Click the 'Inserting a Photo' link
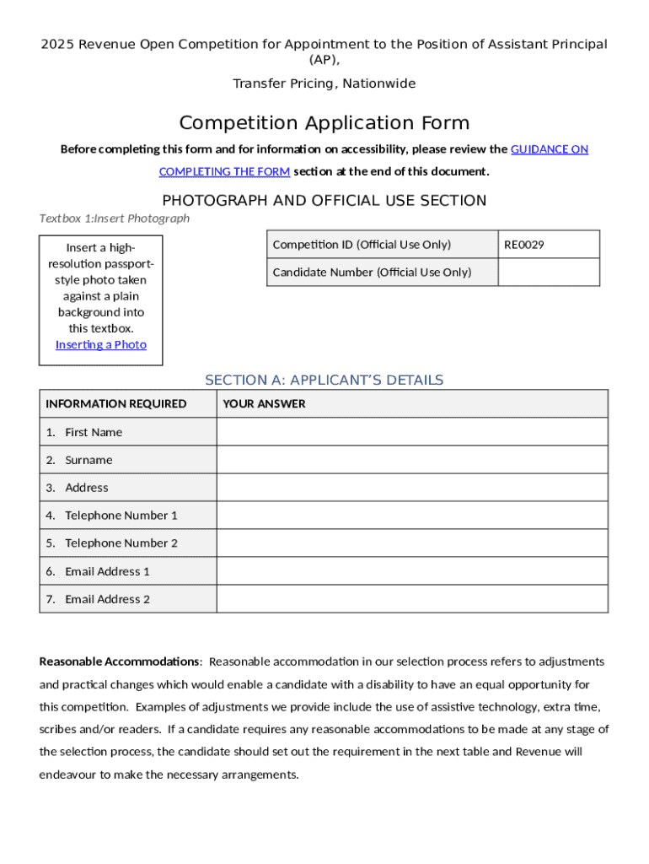click(x=101, y=344)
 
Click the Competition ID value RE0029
click(x=524, y=245)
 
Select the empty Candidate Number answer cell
click(x=549, y=272)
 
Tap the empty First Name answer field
click(x=411, y=432)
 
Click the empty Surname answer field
click(x=411, y=460)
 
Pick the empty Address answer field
click(x=411, y=488)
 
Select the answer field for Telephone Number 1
click(x=411, y=515)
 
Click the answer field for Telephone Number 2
click(x=411, y=543)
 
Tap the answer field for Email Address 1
click(x=411, y=571)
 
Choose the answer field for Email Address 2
click(x=411, y=599)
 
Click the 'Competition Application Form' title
click(x=324, y=123)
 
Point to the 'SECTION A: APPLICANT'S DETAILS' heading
click(x=324, y=380)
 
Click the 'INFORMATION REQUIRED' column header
click(x=116, y=404)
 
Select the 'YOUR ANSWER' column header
click(x=264, y=404)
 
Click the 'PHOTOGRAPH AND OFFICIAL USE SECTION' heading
click(x=324, y=201)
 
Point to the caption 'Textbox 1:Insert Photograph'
click(x=115, y=219)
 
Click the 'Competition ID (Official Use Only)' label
click(x=362, y=245)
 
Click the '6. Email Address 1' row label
click(x=99, y=571)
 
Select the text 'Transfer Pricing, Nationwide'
click(x=324, y=84)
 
